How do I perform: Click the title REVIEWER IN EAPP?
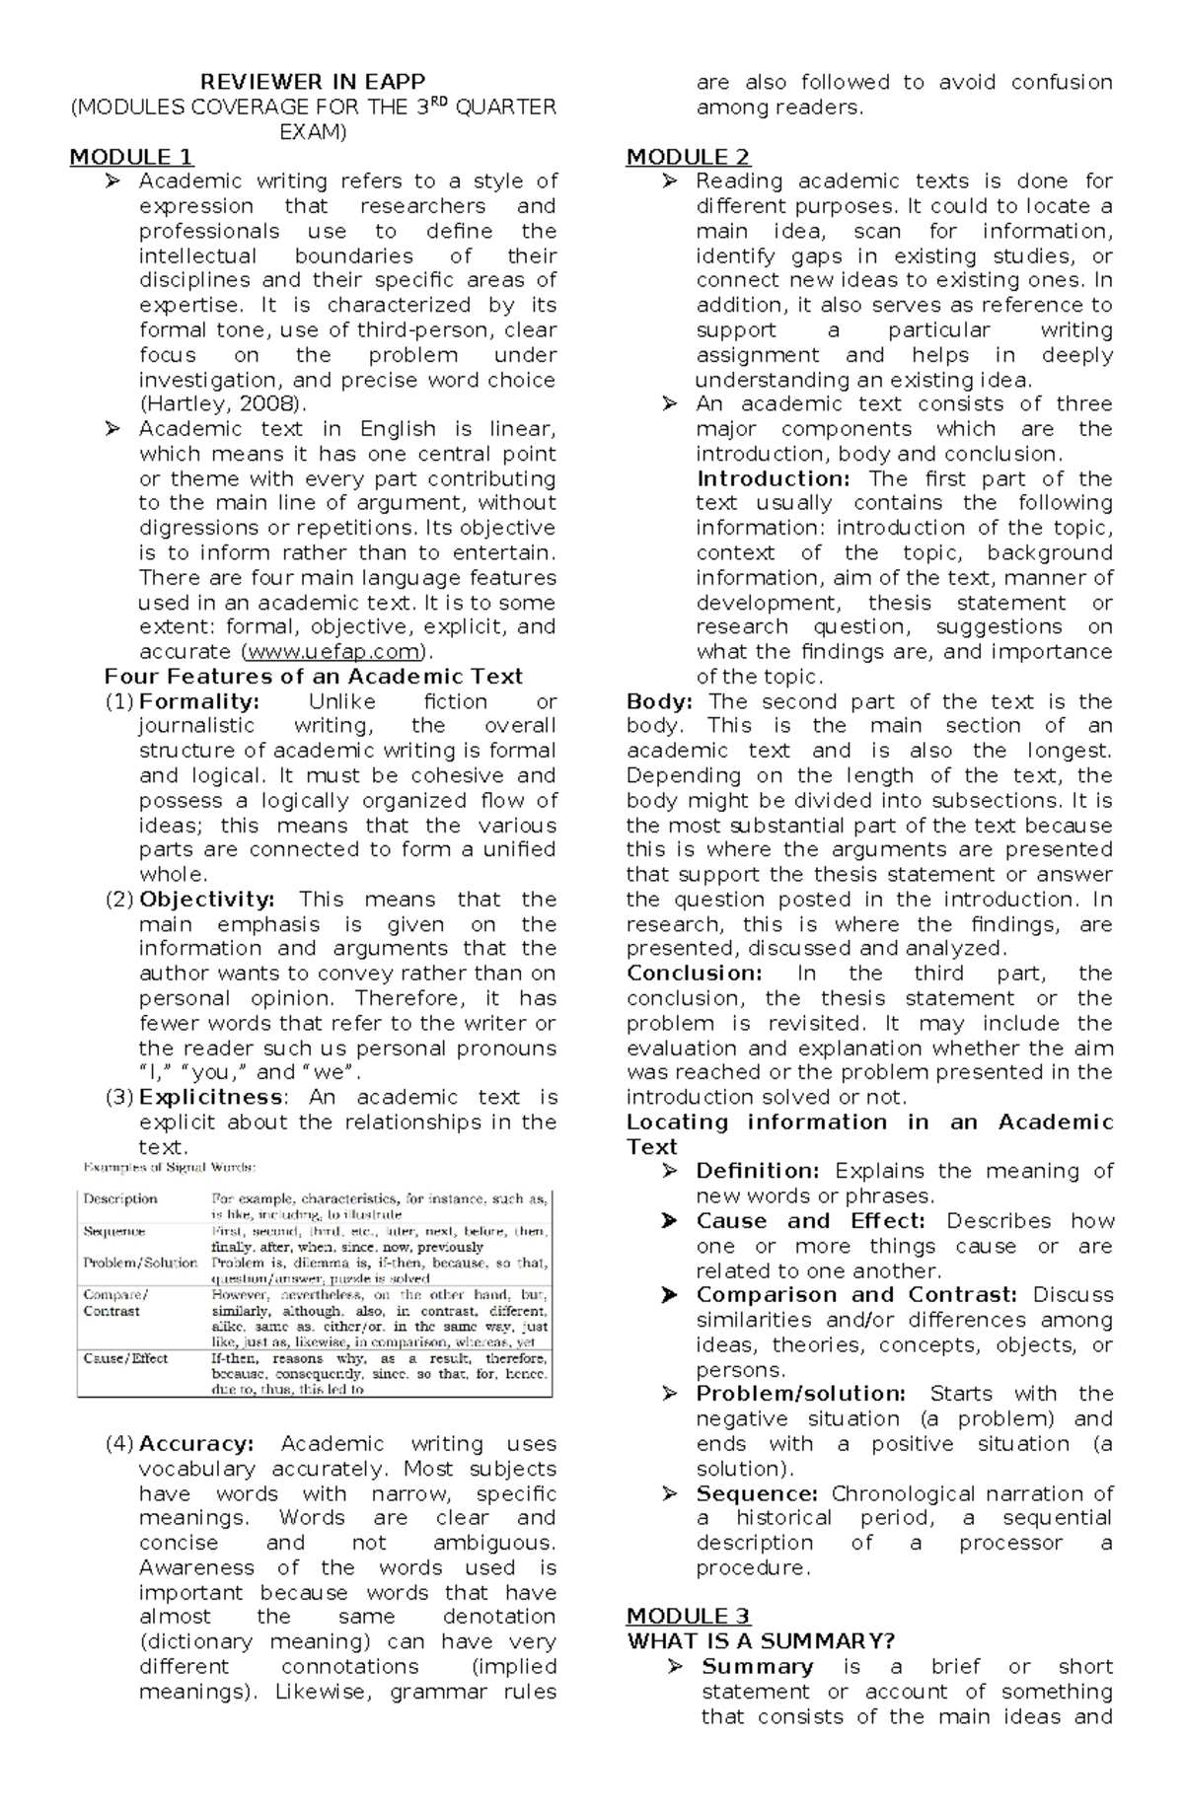pyautogui.click(x=313, y=82)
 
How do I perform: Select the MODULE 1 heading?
pyautogui.click(x=130, y=157)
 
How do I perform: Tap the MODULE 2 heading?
pyautogui.click(x=688, y=157)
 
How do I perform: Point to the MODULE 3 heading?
pyautogui.click(x=688, y=1616)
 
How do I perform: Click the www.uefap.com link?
pyautogui.click(x=336, y=652)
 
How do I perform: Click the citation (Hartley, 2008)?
pyautogui.click(x=224, y=404)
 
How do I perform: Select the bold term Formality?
pyautogui.click(x=199, y=701)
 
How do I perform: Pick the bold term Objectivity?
pyautogui.click(x=207, y=900)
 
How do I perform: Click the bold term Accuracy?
pyautogui.click(x=196, y=1444)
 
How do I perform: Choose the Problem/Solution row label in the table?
pyautogui.click(x=140, y=1263)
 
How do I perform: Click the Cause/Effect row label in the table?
pyautogui.click(x=125, y=1358)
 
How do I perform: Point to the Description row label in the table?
pyautogui.click(x=120, y=1199)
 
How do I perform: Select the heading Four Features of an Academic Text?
pyautogui.click(x=314, y=677)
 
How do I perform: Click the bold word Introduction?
pyautogui.click(x=774, y=478)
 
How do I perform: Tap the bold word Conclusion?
pyautogui.click(x=694, y=974)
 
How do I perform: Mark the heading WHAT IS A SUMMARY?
pyautogui.click(x=761, y=1641)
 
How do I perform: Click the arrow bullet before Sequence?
pyautogui.click(x=670, y=1494)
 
